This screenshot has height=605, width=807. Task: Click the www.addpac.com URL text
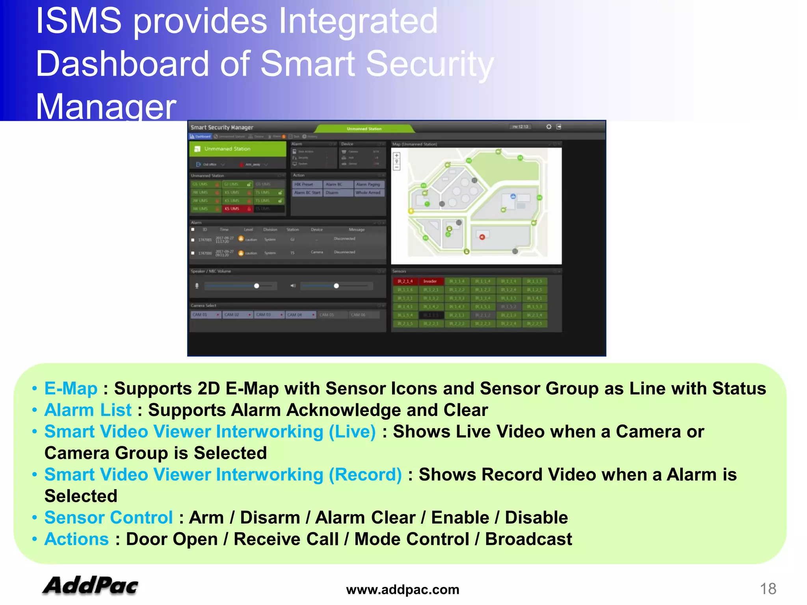402,590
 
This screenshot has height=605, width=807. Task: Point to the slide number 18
768,589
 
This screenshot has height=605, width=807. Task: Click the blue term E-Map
71,388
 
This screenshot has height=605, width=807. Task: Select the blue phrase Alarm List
88,410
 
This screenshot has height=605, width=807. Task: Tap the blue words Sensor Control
109,518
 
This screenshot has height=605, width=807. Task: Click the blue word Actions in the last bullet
76,539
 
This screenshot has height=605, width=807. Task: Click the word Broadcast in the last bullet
528,539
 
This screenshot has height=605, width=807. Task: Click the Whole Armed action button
368,193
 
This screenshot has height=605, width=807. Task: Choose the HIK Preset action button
304,184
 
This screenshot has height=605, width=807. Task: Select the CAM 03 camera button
268,315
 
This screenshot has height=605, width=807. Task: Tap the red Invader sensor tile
430,281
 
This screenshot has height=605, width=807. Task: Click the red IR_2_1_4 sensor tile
405,281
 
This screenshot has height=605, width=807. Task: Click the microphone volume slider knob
257,286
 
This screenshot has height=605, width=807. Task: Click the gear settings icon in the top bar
549,126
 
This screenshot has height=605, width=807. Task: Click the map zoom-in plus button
397,156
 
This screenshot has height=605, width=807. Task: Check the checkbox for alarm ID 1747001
193,239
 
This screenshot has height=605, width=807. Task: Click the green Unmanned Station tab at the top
364,129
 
